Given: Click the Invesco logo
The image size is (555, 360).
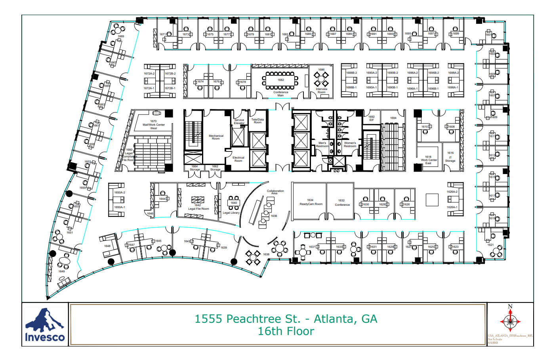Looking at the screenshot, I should (45, 325).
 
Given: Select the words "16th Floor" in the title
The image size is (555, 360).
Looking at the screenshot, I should (286, 331).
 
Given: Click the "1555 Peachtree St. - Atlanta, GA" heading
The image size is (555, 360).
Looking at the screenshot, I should (286, 319).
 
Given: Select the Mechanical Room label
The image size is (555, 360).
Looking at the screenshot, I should (216, 137).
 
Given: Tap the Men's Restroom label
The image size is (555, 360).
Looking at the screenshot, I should (322, 145).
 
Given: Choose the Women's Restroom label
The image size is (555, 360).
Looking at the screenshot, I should (350, 145).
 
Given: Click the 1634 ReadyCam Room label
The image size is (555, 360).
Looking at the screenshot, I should (311, 202).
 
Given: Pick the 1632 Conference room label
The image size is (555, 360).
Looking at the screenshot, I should (342, 203).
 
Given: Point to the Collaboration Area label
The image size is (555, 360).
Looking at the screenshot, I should (275, 192).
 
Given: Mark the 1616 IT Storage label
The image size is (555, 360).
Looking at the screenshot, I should (450, 157).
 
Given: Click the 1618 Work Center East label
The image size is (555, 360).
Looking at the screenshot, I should (429, 160).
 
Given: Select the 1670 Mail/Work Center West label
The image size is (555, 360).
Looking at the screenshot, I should (153, 124).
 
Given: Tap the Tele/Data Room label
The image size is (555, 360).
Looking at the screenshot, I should (257, 121).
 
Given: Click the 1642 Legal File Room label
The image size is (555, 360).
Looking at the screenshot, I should (198, 207).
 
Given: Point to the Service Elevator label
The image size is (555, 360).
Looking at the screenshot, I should (239, 121).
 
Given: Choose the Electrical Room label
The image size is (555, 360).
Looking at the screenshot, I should (238, 159).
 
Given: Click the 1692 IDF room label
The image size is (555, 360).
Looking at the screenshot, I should (372, 118).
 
